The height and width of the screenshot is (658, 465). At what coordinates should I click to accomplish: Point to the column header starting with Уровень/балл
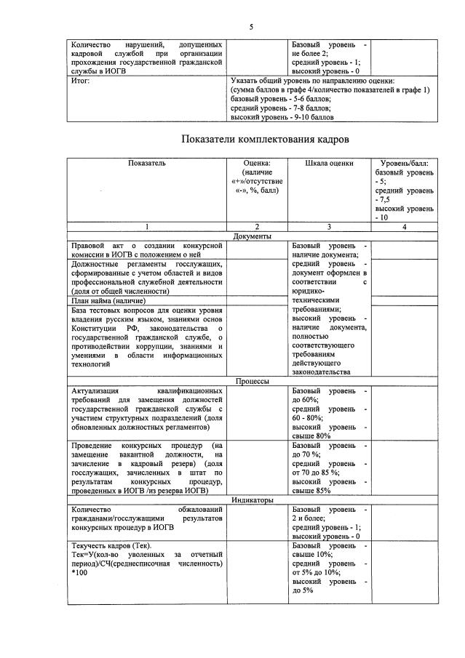(x=405, y=163)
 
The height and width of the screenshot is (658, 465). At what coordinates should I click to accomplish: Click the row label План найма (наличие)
(x=108, y=300)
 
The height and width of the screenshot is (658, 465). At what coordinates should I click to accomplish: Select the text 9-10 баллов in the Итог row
(x=308, y=116)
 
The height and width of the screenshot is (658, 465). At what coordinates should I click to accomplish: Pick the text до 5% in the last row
(x=303, y=590)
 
